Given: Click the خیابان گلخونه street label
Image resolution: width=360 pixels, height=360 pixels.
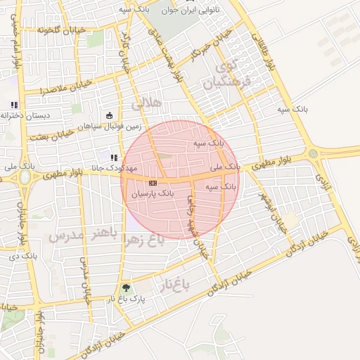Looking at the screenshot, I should click(51, 30).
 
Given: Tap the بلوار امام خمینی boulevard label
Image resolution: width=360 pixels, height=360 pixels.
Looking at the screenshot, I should click(14, 53).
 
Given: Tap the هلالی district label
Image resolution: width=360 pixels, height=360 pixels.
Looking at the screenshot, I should click(146, 103).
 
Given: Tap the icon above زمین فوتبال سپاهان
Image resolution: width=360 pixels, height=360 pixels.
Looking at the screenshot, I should click(108, 115).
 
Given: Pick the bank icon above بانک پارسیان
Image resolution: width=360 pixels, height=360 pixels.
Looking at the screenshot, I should click(153, 183).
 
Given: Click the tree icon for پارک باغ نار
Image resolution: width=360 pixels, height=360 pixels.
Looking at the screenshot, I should click(127, 287).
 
